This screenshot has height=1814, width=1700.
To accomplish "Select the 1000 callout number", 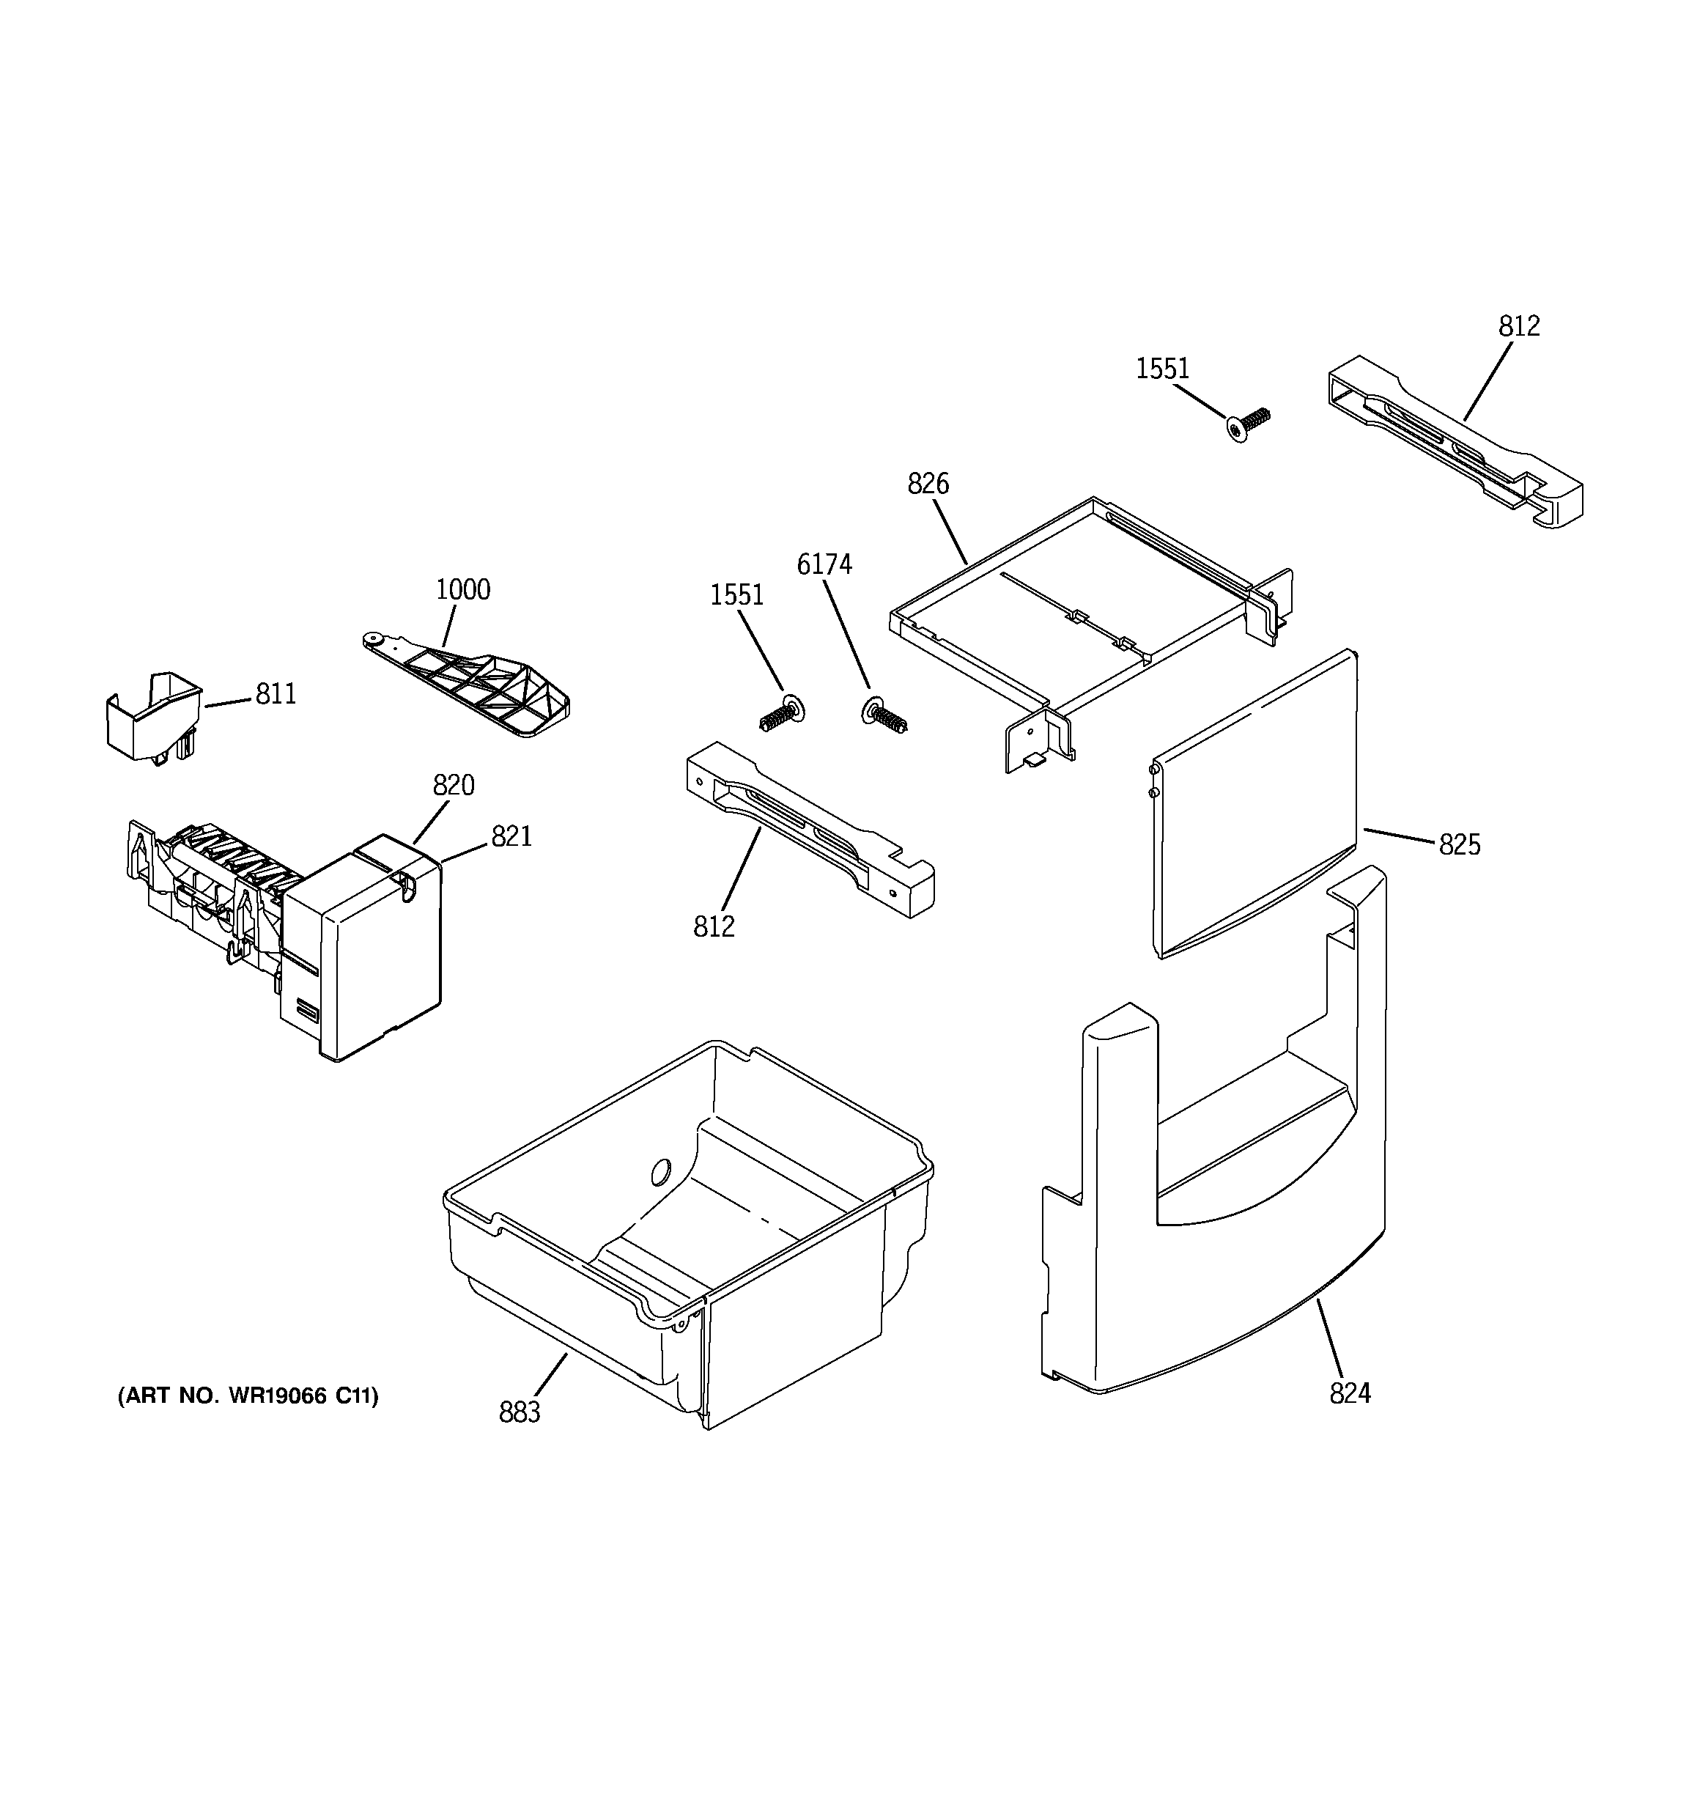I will (x=462, y=590).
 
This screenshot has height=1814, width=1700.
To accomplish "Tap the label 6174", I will (x=824, y=566).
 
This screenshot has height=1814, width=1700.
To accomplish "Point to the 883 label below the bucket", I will (x=520, y=1412).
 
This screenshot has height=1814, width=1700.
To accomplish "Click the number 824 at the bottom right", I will (x=1350, y=1393).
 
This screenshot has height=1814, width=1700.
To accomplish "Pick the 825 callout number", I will (x=1459, y=846).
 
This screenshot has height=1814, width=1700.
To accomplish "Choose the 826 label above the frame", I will (x=928, y=484).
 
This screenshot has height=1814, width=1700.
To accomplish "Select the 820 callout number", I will (x=453, y=786).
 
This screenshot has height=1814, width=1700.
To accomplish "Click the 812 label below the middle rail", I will (x=714, y=927).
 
